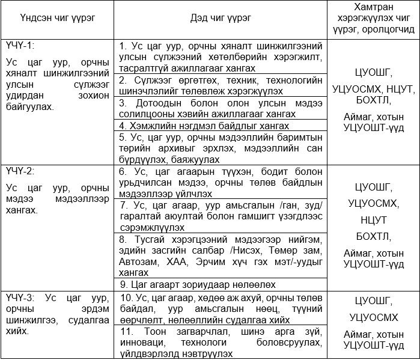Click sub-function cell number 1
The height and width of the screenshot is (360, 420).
coord(221,57)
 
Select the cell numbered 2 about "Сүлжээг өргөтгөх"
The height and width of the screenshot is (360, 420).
coord(221,85)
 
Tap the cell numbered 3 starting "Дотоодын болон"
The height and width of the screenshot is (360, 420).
coord(221,108)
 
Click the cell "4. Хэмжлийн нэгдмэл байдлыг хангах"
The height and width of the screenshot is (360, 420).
coord(205,126)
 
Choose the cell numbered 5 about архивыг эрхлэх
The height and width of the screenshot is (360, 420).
coord(221,148)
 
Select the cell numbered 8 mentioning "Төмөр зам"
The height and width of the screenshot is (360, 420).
coord(221,255)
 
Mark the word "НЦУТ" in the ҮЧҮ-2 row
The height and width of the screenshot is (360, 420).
coord(373,219)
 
